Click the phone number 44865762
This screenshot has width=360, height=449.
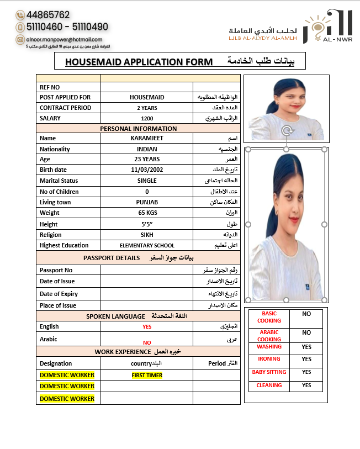47,15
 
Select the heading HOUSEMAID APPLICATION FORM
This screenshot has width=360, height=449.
139,62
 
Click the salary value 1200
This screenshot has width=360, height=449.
147,118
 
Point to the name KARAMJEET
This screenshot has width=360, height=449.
147,139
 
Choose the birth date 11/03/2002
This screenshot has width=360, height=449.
147,170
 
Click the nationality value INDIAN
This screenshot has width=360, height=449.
147,149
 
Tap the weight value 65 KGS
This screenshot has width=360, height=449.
147,213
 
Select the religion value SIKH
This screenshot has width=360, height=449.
147,235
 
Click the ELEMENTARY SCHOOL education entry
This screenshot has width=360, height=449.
147,246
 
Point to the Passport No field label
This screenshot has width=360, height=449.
56,270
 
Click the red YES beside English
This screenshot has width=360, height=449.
147,326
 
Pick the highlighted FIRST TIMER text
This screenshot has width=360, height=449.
147,376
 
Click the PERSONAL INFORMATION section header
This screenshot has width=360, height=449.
139,129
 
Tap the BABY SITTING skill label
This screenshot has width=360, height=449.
269,372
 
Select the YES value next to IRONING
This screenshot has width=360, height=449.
306,359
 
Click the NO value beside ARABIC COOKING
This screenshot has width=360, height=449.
306,333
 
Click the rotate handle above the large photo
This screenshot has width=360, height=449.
286,131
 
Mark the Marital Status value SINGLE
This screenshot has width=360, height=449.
147,181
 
